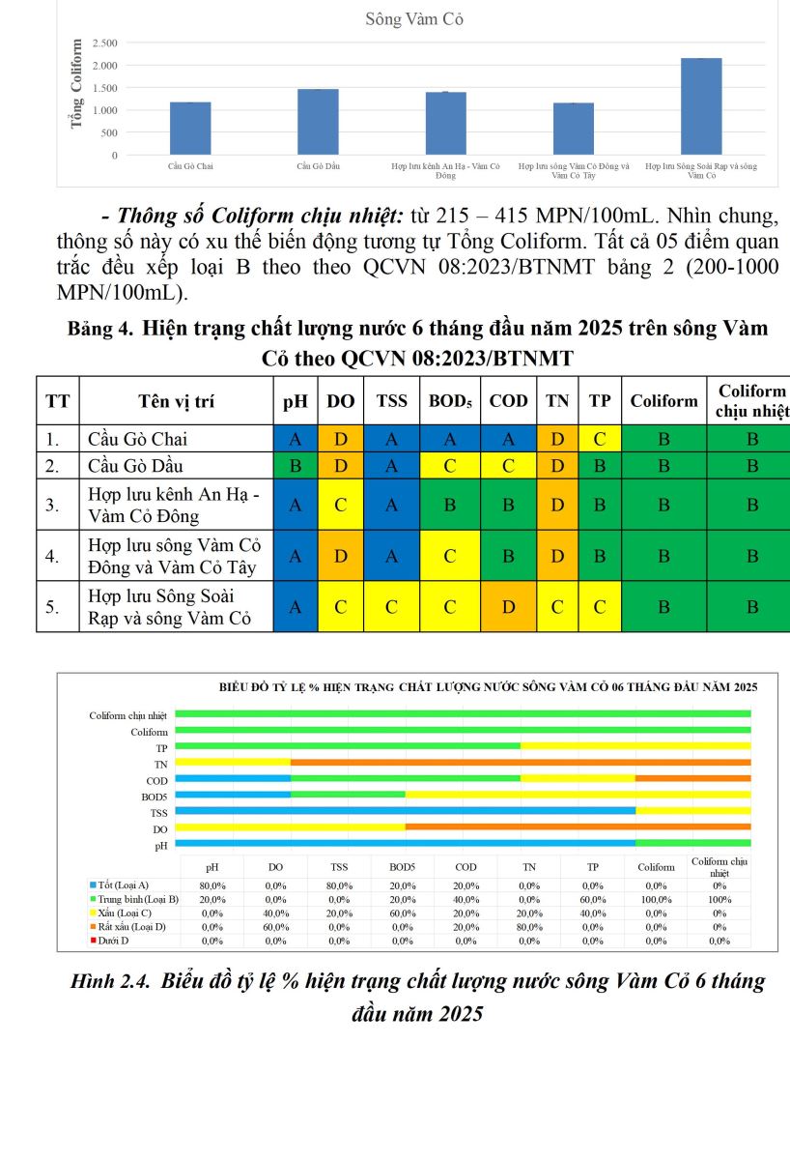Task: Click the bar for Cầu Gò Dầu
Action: point(318,122)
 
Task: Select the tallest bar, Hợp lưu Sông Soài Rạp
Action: point(700,106)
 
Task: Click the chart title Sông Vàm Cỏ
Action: point(414,19)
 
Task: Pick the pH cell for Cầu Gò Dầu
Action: point(296,464)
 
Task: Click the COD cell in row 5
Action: point(509,607)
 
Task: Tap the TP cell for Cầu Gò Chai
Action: point(600,439)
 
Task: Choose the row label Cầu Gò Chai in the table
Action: point(137,439)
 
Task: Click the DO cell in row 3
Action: point(340,504)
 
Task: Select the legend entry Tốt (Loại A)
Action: point(124,884)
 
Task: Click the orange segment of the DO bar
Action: point(578,826)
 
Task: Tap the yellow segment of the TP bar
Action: point(635,745)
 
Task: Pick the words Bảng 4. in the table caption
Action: point(99,329)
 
